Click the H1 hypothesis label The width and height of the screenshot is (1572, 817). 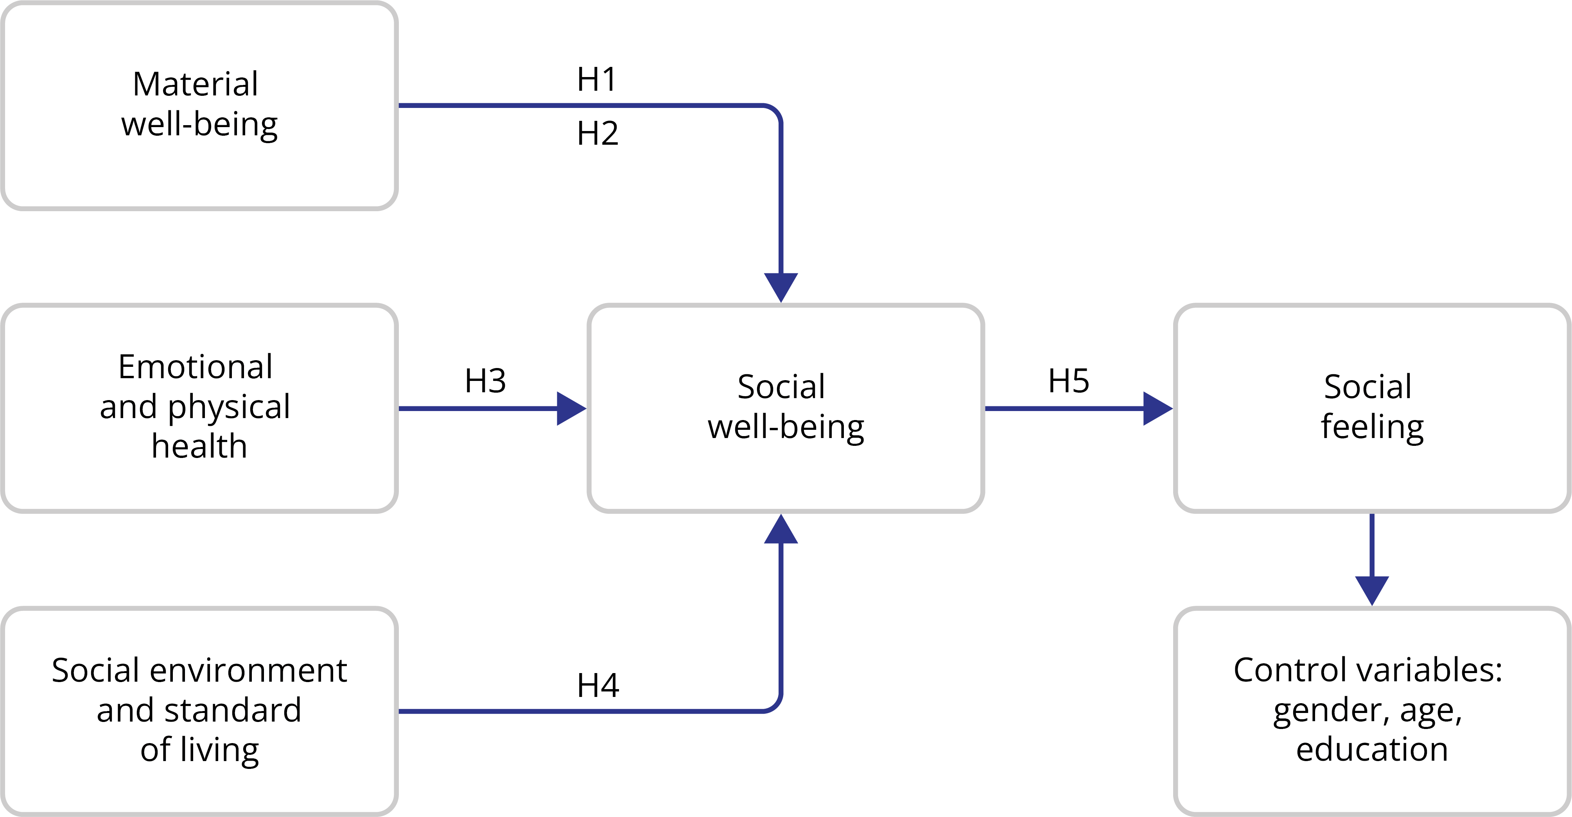point(596,79)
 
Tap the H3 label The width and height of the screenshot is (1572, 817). point(485,381)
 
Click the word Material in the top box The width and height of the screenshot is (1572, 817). point(195,84)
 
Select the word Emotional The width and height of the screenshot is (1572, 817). point(195,367)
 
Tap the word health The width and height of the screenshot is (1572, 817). point(199,446)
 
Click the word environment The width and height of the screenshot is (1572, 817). point(248,671)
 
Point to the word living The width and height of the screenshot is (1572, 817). point(220,750)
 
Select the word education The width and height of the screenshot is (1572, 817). point(1372,749)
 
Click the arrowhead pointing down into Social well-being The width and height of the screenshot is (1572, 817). point(781,286)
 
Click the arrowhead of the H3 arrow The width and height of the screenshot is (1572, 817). point(570,408)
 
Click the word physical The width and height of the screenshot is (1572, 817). point(229,407)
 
